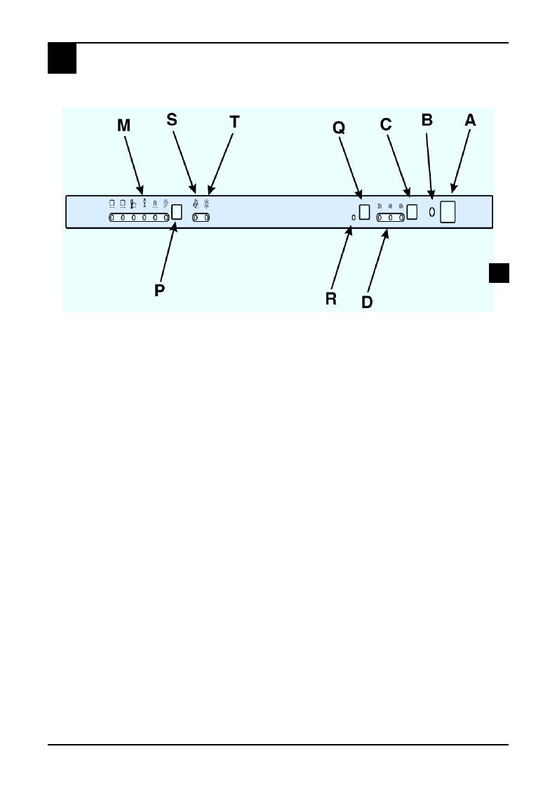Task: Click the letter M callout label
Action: tap(124, 126)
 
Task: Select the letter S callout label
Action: tap(172, 120)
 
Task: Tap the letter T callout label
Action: tap(234, 121)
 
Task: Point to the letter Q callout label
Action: tap(339, 127)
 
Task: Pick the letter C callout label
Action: tap(386, 124)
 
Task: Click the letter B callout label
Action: tap(427, 120)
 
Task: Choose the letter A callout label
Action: tap(470, 120)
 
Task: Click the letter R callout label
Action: tap(331, 298)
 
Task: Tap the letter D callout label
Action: tap(367, 302)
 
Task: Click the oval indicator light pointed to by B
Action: tap(431, 212)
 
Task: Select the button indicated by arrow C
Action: tap(412, 211)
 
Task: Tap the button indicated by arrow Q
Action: tap(364, 212)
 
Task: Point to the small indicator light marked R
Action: tap(354, 218)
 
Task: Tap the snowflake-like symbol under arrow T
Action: tap(207, 205)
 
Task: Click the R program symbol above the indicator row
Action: tap(154, 204)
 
